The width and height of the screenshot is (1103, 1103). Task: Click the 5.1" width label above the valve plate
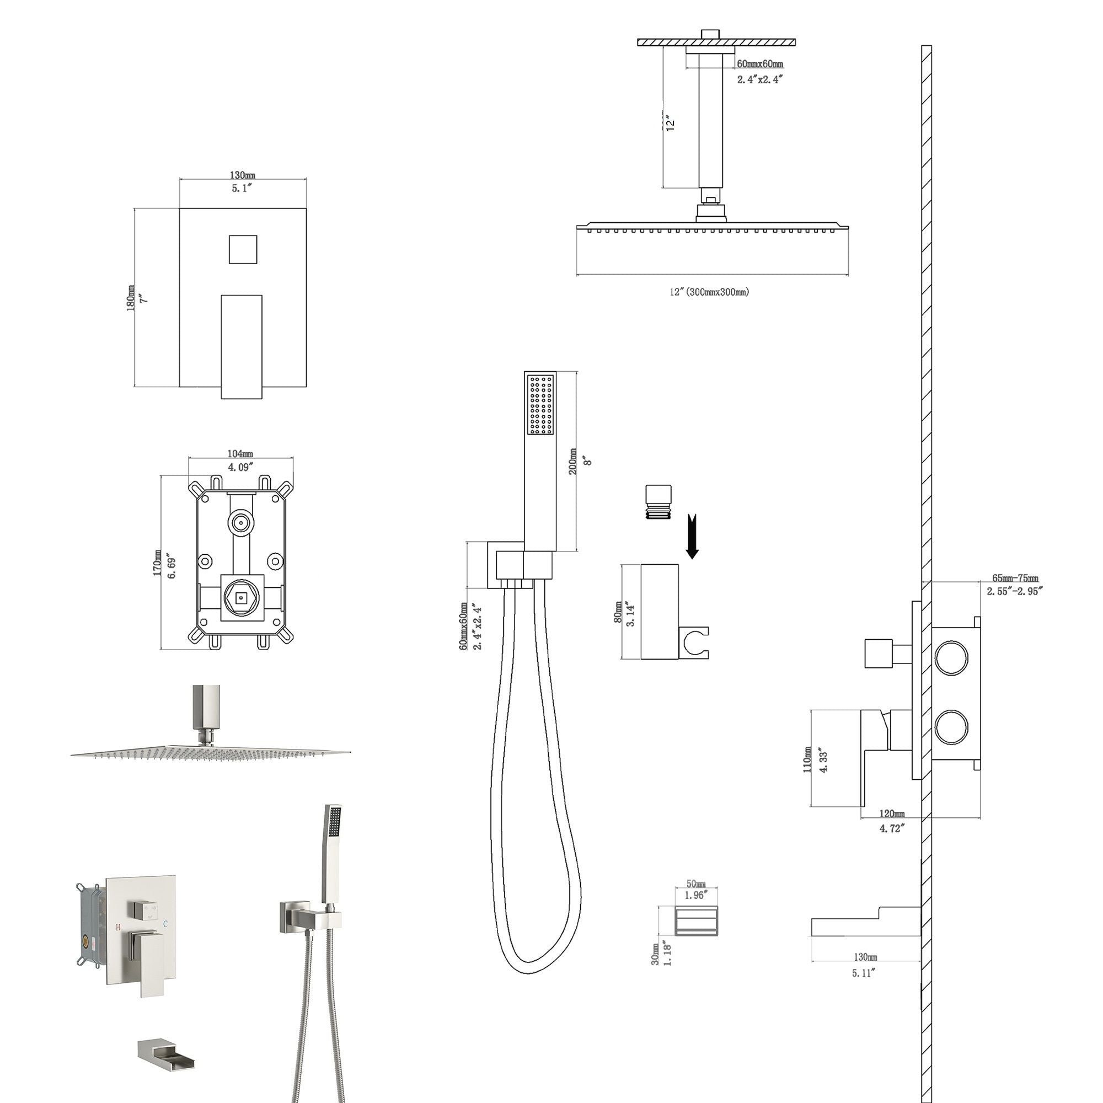pyautogui.click(x=242, y=189)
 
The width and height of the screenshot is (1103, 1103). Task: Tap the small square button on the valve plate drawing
pyautogui.click(x=243, y=249)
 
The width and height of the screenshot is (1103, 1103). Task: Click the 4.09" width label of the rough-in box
pyautogui.click(x=240, y=467)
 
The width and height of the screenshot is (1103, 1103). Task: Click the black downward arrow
pyautogui.click(x=692, y=536)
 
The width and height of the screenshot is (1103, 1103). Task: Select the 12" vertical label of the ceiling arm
pyautogui.click(x=671, y=122)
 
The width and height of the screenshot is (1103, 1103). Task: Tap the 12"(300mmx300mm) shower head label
pyautogui.click(x=710, y=292)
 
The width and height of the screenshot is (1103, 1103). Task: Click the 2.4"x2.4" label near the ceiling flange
pyautogui.click(x=759, y=79)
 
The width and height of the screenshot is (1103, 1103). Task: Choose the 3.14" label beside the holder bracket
pyautogui.click(x=630, y=614)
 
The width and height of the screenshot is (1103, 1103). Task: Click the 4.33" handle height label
pyautogui.click(x=823, y=759)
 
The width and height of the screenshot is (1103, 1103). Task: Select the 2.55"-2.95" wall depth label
pyautogui.click(x=1015, y=591)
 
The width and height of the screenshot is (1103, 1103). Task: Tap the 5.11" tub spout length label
pyautogui.click(x=863, y=973)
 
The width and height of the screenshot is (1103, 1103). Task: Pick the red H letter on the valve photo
pyautogui.click(x=118, y=928)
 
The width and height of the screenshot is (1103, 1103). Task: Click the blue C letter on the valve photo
pyautogui.click(x=165, y=923)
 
